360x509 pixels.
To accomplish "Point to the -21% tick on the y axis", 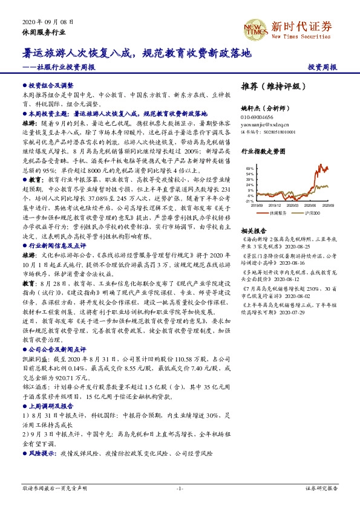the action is click(249, 201).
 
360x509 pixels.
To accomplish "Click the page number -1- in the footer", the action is click(179, 488).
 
